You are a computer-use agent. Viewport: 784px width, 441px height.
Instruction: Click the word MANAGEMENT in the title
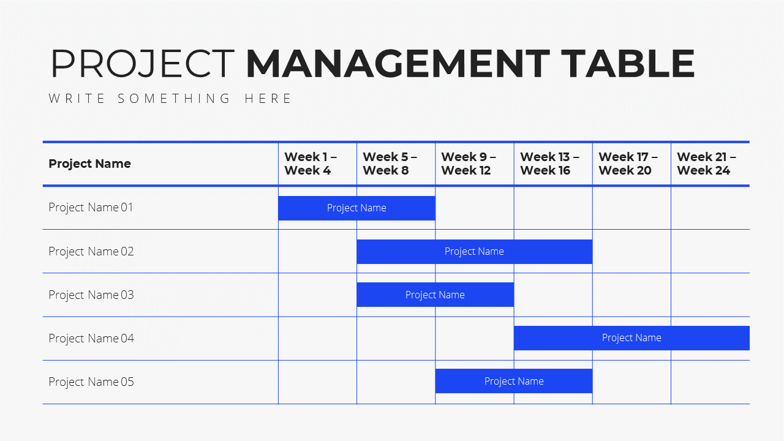tap(398, 64)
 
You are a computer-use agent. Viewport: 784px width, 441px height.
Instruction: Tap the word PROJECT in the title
tap(143, 64)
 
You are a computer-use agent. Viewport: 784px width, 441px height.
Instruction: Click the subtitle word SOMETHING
tap(173, 99)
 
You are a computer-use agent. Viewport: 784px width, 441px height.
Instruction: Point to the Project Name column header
tap(89, 164)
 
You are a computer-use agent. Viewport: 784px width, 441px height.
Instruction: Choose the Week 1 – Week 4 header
tap(311, 164)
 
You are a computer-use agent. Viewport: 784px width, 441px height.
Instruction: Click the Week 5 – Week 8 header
tap(390, 164)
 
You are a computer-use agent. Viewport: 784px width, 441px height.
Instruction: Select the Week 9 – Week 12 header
tap(469, 164)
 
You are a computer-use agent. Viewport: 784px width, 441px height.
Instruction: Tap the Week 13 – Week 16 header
tap(549, 164)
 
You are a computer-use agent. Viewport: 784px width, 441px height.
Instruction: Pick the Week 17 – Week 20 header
tap(628, 164)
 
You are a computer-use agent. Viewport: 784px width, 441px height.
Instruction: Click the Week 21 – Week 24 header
tap(706, 164)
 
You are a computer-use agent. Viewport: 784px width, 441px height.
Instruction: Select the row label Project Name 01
tap(91, 208)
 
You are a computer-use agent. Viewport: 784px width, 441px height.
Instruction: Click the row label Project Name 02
tap(91, 251)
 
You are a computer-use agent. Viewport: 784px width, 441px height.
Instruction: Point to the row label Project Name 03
tap(91, 295)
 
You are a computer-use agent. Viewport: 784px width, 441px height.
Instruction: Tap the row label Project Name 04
tap(91, 339)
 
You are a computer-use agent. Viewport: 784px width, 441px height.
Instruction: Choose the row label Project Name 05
tap(91, 382)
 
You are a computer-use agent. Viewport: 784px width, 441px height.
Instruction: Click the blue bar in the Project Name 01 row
tap(356, 208)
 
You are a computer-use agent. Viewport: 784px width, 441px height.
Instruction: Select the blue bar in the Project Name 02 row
tap(475, 252)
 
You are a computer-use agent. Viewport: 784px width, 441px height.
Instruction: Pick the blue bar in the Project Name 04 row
tap(631, 338)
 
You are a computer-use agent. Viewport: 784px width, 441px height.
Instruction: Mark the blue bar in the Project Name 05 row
tap(514, 381)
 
